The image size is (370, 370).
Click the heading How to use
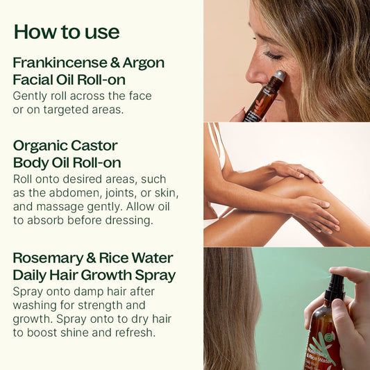pyautogui.click(x=67, y=32)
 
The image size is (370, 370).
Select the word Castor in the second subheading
pyautogui.click(x=94, y=146)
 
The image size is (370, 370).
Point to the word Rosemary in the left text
pyautogui.click(x=48, y=259)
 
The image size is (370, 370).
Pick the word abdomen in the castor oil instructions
pyautogui.click(x=76, y=193)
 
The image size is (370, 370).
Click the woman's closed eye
pyautogui.click(x=273, y=56)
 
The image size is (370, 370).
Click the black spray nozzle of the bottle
pyautogui.click(x=335, y=287)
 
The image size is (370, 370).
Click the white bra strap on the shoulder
pyautogui.click(x=217, y=144)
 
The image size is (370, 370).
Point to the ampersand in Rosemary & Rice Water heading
pyautogui.click(x=91, y=259)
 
